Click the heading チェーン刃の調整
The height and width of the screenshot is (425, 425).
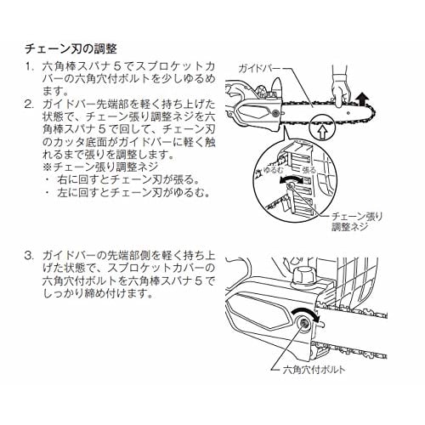tap(71, 49)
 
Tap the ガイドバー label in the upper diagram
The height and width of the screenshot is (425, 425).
tap(259, 69)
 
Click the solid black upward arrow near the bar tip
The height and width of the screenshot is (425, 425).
tap(362, 100)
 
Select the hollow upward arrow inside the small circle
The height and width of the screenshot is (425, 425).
tap(321, 132)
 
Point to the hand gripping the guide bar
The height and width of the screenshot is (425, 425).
tap(339, 88)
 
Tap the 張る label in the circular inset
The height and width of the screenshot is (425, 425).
tap(309, 170)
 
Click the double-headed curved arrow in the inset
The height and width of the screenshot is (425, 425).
tap(291, 178)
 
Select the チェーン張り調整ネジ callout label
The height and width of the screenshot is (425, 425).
tap(357, 222)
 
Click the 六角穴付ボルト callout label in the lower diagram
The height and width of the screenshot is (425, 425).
tap(314, 370)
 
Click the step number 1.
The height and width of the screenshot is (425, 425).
tap(29, 67)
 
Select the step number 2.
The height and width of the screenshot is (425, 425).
tap(29, 105)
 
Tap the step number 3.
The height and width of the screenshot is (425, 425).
tap(29, 256)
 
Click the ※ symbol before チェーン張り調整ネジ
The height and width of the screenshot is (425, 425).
tap(48, 167)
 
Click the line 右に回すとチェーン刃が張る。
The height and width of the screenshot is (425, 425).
tap(127, 179)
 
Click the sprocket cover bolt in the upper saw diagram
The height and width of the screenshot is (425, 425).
tap(275, 113)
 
